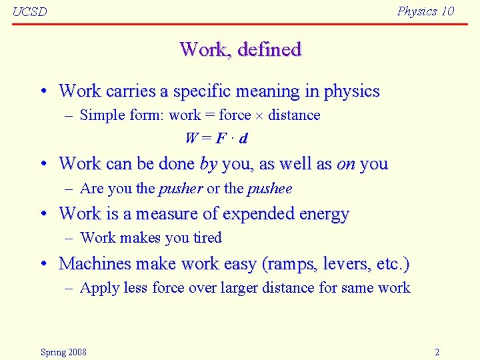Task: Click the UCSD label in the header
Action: click(x=30, y=12)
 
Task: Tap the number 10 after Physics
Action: click(x=447, y=11)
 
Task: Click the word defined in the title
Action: click(x=270, y=49)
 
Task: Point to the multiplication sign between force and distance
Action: click(x=259, y=115)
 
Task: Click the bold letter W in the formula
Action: click(x=191, y=139)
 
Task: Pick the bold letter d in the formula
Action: click(x=243, y=139)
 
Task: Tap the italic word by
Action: click(x=208, y=164)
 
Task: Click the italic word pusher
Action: click(x=181, y=189)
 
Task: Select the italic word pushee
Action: click(x=269, y=189)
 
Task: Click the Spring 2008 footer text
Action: click(x=63, y=352)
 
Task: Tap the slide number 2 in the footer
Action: click(x=437, y=352)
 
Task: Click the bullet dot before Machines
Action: click(x=43, y=265)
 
